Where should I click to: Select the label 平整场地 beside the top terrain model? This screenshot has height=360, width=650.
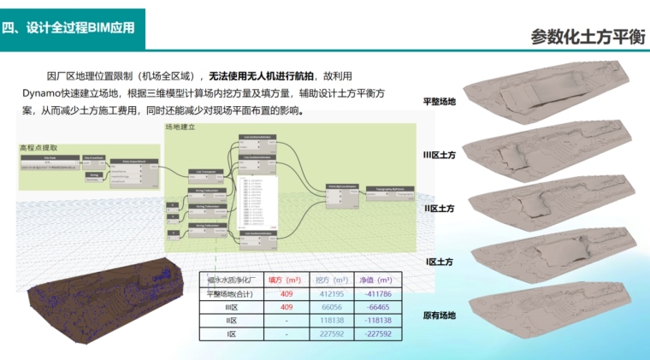coord(440,102)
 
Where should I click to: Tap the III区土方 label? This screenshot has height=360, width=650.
coord(439,155)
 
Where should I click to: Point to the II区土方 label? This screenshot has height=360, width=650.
coord(439,208)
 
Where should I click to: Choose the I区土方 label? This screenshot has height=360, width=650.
coord(439,261)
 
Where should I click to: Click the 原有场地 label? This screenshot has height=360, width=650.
coord(440,316)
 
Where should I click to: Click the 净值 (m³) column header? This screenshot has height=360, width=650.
coord(376,280)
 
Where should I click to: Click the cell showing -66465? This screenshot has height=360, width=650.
coord(376,307)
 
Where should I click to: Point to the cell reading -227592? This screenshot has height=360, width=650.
coord(376,334)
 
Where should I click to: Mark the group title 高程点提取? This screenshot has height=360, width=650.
coord(38,148)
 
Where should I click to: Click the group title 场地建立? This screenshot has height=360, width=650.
coord(180,127)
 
